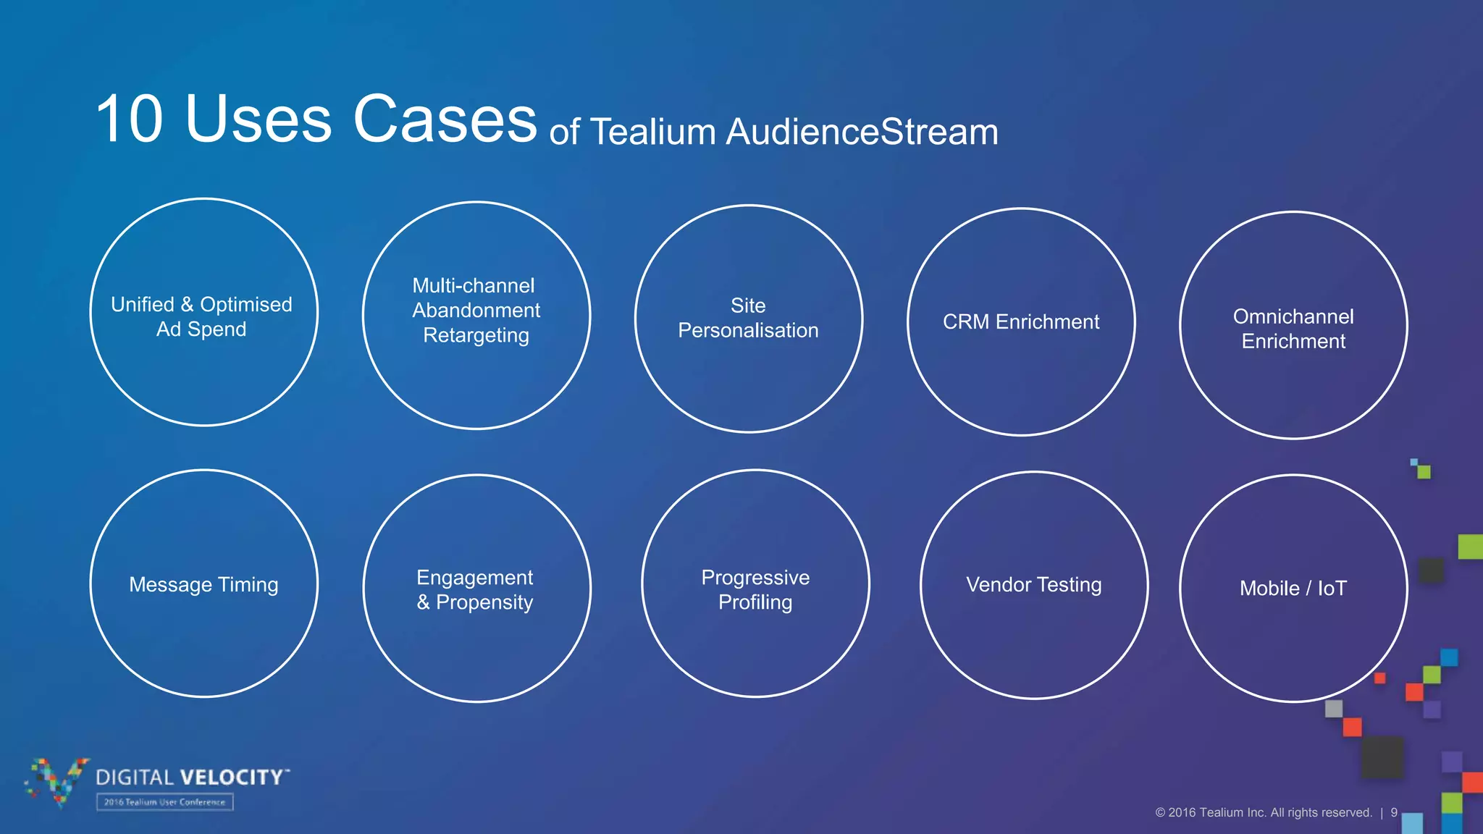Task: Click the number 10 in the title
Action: tap(130, 119)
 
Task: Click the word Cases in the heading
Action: tap(445, 119)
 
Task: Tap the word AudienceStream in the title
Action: tap(862, 132)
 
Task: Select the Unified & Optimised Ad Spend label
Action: tap(202, 317)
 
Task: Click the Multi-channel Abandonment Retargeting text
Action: tap(476, 311)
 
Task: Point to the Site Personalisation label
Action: tap(748, 319)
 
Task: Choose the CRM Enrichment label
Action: tap(1020, 322)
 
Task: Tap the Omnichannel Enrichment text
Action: tap(1293, 329)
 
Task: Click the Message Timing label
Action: tap(203, 585)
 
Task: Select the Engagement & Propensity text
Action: tap(475, 590)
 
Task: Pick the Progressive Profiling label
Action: tap(755, 590)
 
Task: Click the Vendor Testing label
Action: tap(1033, 585)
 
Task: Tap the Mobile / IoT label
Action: tap(1293, 589)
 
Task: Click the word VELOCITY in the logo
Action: tap(232, 778)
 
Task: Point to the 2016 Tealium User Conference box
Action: tap(165, 802)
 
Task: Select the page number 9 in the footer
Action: tap(1394, 813)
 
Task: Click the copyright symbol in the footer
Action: tap(1160, 813)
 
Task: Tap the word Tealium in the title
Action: tap(653, 132)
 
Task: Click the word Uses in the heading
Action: tap(259, 119)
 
